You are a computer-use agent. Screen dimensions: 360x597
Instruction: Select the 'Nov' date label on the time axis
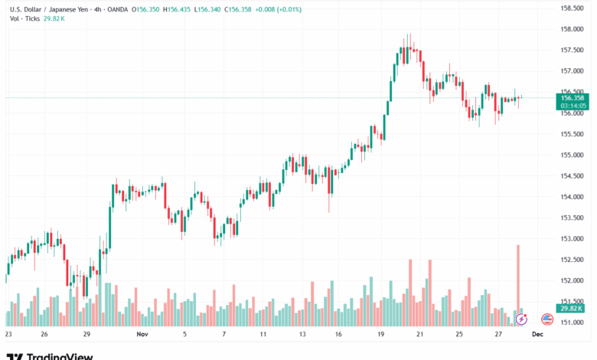(142, 335)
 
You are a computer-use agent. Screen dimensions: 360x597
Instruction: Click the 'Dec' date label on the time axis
(538, 335)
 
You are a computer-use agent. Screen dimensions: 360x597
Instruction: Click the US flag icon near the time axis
(547, 319)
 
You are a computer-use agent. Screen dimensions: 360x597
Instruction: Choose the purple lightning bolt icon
(522, 319)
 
